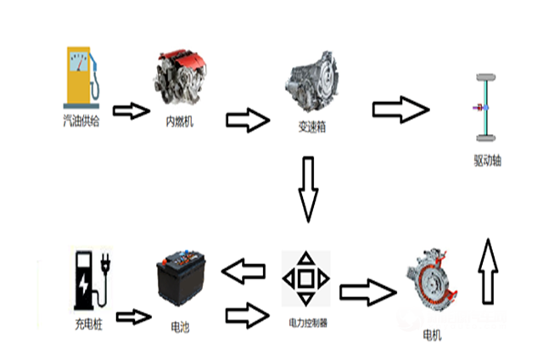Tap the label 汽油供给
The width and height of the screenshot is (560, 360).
[x=81, y=121]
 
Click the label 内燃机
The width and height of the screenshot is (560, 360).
[x=180, y=121]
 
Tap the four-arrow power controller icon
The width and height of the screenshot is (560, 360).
[x=305, y=278]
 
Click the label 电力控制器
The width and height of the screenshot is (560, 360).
[x=306, y=322]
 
